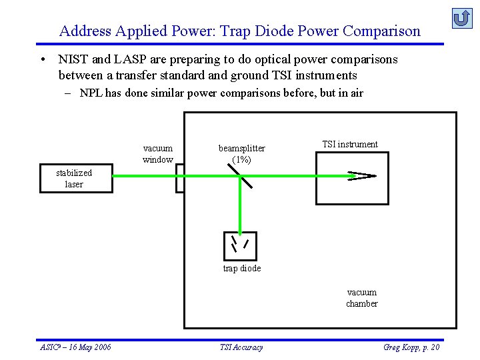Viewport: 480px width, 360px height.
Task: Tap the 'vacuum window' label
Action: (x=157, y=154)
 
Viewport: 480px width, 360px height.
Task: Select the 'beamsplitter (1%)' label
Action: (x=241, y=154)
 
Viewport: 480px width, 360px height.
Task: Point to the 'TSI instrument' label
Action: (x=349, y=144)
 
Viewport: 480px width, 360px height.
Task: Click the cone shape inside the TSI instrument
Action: (x=361, y=176)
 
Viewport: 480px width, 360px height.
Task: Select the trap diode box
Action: (x=239, y=245)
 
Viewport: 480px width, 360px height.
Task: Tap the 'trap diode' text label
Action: (x=241, y=268)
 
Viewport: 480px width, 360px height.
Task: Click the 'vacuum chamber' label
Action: (x=361, y=298)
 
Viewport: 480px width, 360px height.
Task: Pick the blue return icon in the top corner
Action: (x=461, y=18)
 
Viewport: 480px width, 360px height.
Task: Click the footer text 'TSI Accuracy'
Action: (x=241, y=347)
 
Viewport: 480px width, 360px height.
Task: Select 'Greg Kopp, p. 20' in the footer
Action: (x=411, y=347)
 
